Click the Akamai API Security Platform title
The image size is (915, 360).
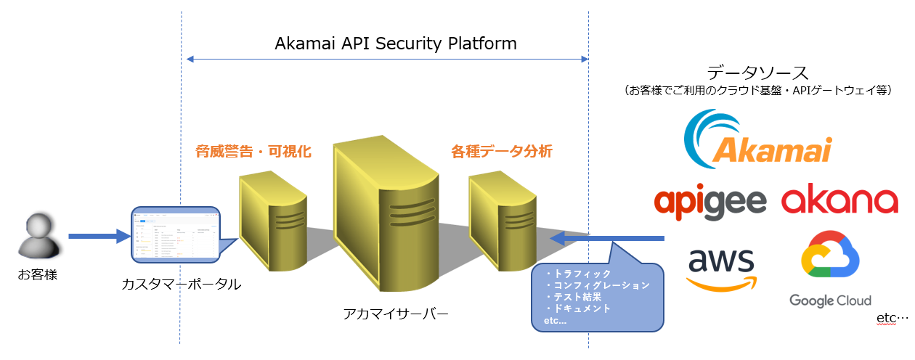[396, 44]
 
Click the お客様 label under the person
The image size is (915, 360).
[38, 275]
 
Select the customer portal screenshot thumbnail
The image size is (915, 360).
[175, 235]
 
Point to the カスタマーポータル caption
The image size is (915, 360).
[182, 284]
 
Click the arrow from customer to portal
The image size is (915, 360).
[98, 236]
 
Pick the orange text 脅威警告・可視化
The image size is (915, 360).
[253, 152]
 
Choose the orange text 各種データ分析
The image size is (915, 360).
[502, 152]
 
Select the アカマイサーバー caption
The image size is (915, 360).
[396, 314]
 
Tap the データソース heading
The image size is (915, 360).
[757, 72]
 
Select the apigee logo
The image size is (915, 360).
[710, 201]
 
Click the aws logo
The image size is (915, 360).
[722, 269]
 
